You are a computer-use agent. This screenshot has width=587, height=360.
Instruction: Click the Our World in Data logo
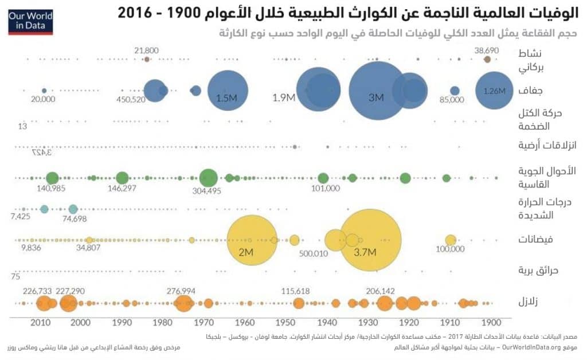[30, 21]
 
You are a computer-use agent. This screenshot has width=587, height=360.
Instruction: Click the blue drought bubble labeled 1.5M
[227, 91]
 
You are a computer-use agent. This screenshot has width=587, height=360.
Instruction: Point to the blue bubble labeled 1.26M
[495, 90]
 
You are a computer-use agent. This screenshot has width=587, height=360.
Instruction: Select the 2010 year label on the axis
[39, 322]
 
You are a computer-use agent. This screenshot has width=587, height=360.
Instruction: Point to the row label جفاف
[531, 90]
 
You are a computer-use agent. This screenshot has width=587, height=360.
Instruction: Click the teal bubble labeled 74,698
[73, 209]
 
